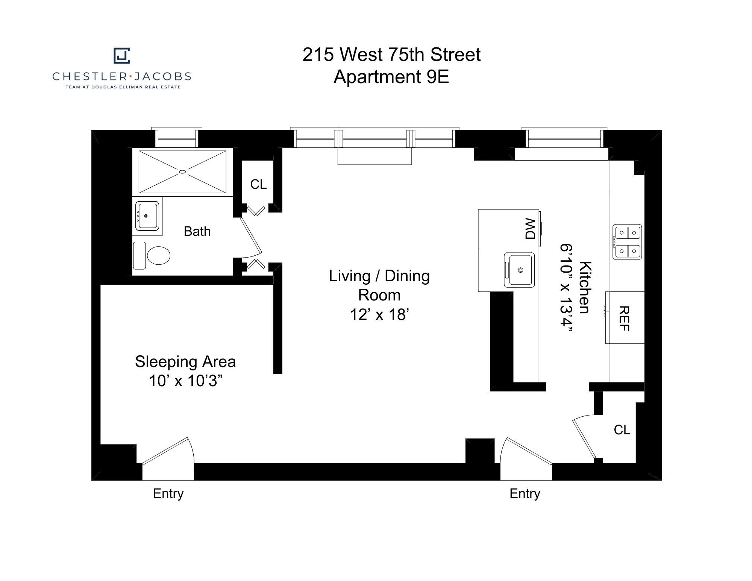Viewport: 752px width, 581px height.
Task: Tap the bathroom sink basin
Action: pos(147,216)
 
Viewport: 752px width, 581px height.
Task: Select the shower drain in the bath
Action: pos(182,172)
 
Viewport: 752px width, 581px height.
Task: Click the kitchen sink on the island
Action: pos(520,270)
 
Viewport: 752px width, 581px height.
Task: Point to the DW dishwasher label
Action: pos(530,229)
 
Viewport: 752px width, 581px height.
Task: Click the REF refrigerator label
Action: pos(624,318)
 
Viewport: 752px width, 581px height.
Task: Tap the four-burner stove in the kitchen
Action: pos(627,242)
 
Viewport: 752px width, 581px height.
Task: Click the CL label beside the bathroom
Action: pos(258,184)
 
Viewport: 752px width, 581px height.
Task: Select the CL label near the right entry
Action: pos(622,430)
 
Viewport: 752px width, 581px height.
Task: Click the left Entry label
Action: pos(168,493)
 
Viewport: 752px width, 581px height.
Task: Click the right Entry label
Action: pos(525,493)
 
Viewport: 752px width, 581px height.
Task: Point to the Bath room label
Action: pos(197,231)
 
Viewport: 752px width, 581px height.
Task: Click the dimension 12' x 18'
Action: pos(379,314)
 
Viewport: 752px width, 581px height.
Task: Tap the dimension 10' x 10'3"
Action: pos(186,381)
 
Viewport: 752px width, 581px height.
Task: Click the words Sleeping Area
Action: pos(185,362)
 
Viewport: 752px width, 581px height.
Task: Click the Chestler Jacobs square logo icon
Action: pos(122,56)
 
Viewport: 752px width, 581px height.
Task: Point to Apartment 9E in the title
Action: pos(391,77)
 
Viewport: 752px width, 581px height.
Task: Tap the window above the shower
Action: pos(177,138)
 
